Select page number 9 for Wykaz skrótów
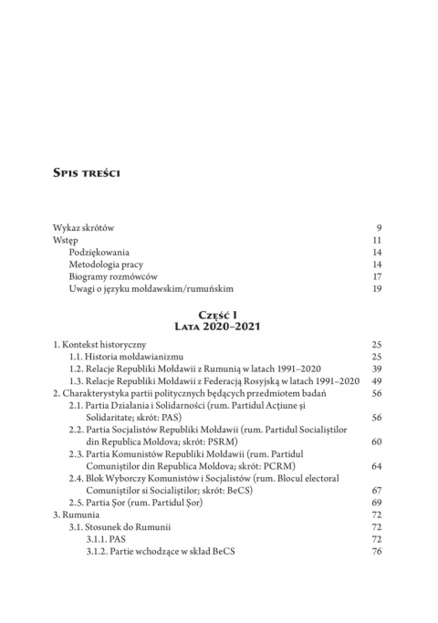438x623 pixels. (378, 226)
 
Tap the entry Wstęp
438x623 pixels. (68, 242)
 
